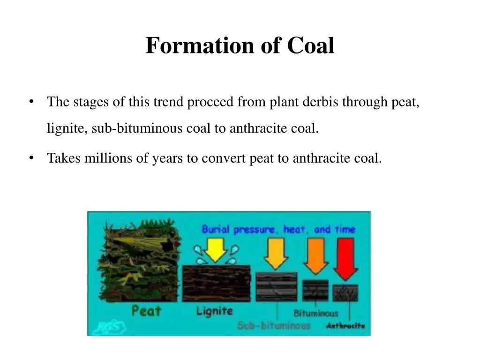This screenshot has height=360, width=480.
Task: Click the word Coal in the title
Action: [x=311, y=46]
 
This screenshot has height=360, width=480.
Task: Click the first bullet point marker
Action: [x=30, y=102]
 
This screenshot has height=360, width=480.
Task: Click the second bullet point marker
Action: [x=30, y=158]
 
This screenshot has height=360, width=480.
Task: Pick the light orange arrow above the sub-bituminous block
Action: [x=277, y=253]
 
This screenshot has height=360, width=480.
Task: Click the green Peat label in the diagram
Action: [x=146, y=310]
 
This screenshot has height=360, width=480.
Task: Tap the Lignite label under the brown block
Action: [x=214, y=311]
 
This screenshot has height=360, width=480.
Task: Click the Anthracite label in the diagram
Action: [x=345, y=326]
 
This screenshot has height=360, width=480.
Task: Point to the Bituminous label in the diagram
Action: [x=315, y=313]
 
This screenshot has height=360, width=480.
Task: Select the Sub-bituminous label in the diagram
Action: [x=273, y=325]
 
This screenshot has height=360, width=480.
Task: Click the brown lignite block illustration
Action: [x=217, y=283]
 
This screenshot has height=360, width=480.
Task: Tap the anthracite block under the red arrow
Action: [x=345, y=292]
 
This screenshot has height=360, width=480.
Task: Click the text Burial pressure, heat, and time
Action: [x=278, y=230]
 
